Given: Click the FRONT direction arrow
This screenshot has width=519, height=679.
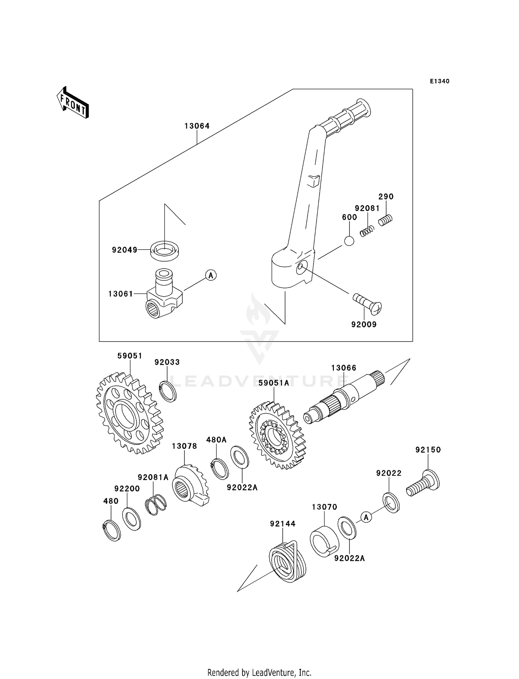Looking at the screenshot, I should (x=73, y=102).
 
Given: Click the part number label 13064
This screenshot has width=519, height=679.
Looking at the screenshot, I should (x=197, y=126).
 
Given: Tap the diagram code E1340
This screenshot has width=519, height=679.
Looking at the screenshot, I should (x=439, y=81).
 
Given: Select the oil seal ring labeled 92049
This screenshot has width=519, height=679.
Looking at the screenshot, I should (x=165, y=250).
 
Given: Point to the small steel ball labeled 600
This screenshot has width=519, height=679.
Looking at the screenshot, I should (x=349, y=241).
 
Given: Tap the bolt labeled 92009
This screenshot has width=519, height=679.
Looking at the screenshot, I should (x=367, y=304).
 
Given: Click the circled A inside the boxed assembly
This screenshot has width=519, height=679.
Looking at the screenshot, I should (x=211, y=275).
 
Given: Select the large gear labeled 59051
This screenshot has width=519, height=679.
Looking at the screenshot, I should (x=129, y=413).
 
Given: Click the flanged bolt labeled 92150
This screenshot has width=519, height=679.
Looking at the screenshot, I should (x=424, y=483).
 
